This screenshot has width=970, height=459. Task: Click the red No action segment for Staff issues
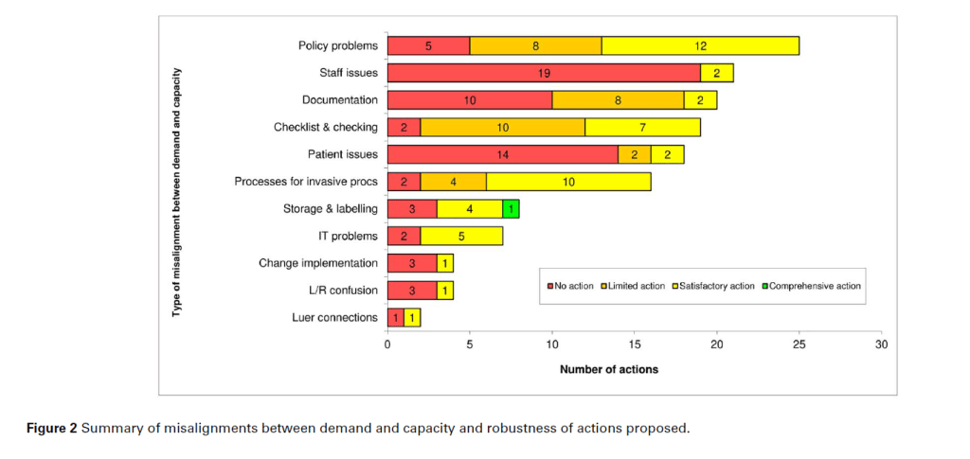coord(544,73)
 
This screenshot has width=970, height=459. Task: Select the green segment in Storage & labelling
coord(511,208)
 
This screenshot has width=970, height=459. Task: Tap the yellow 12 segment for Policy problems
coord(700,45)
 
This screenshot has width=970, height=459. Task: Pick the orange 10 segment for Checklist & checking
coord(502,127)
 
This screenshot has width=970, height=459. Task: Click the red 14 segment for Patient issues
coord(503,154)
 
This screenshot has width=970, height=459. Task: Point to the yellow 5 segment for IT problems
coord(461,236)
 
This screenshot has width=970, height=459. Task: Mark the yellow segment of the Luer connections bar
coord(412,317)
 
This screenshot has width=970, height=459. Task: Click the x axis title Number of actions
coord(608,369)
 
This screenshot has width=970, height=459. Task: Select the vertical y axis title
coord(177,191)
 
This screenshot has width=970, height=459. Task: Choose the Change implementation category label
coord(318,263)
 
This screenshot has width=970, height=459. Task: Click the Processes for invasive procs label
coord(306,182)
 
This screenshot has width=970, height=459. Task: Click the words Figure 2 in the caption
coord(51,429)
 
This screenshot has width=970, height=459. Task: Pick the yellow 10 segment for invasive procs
coord(568,182)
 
